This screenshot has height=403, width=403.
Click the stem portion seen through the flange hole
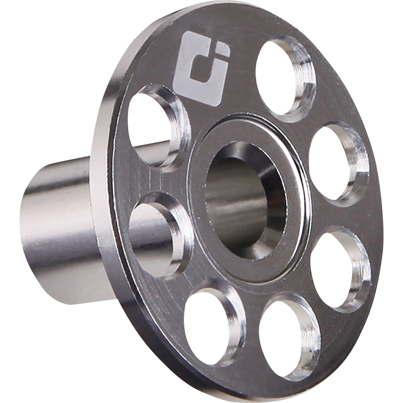148,228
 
